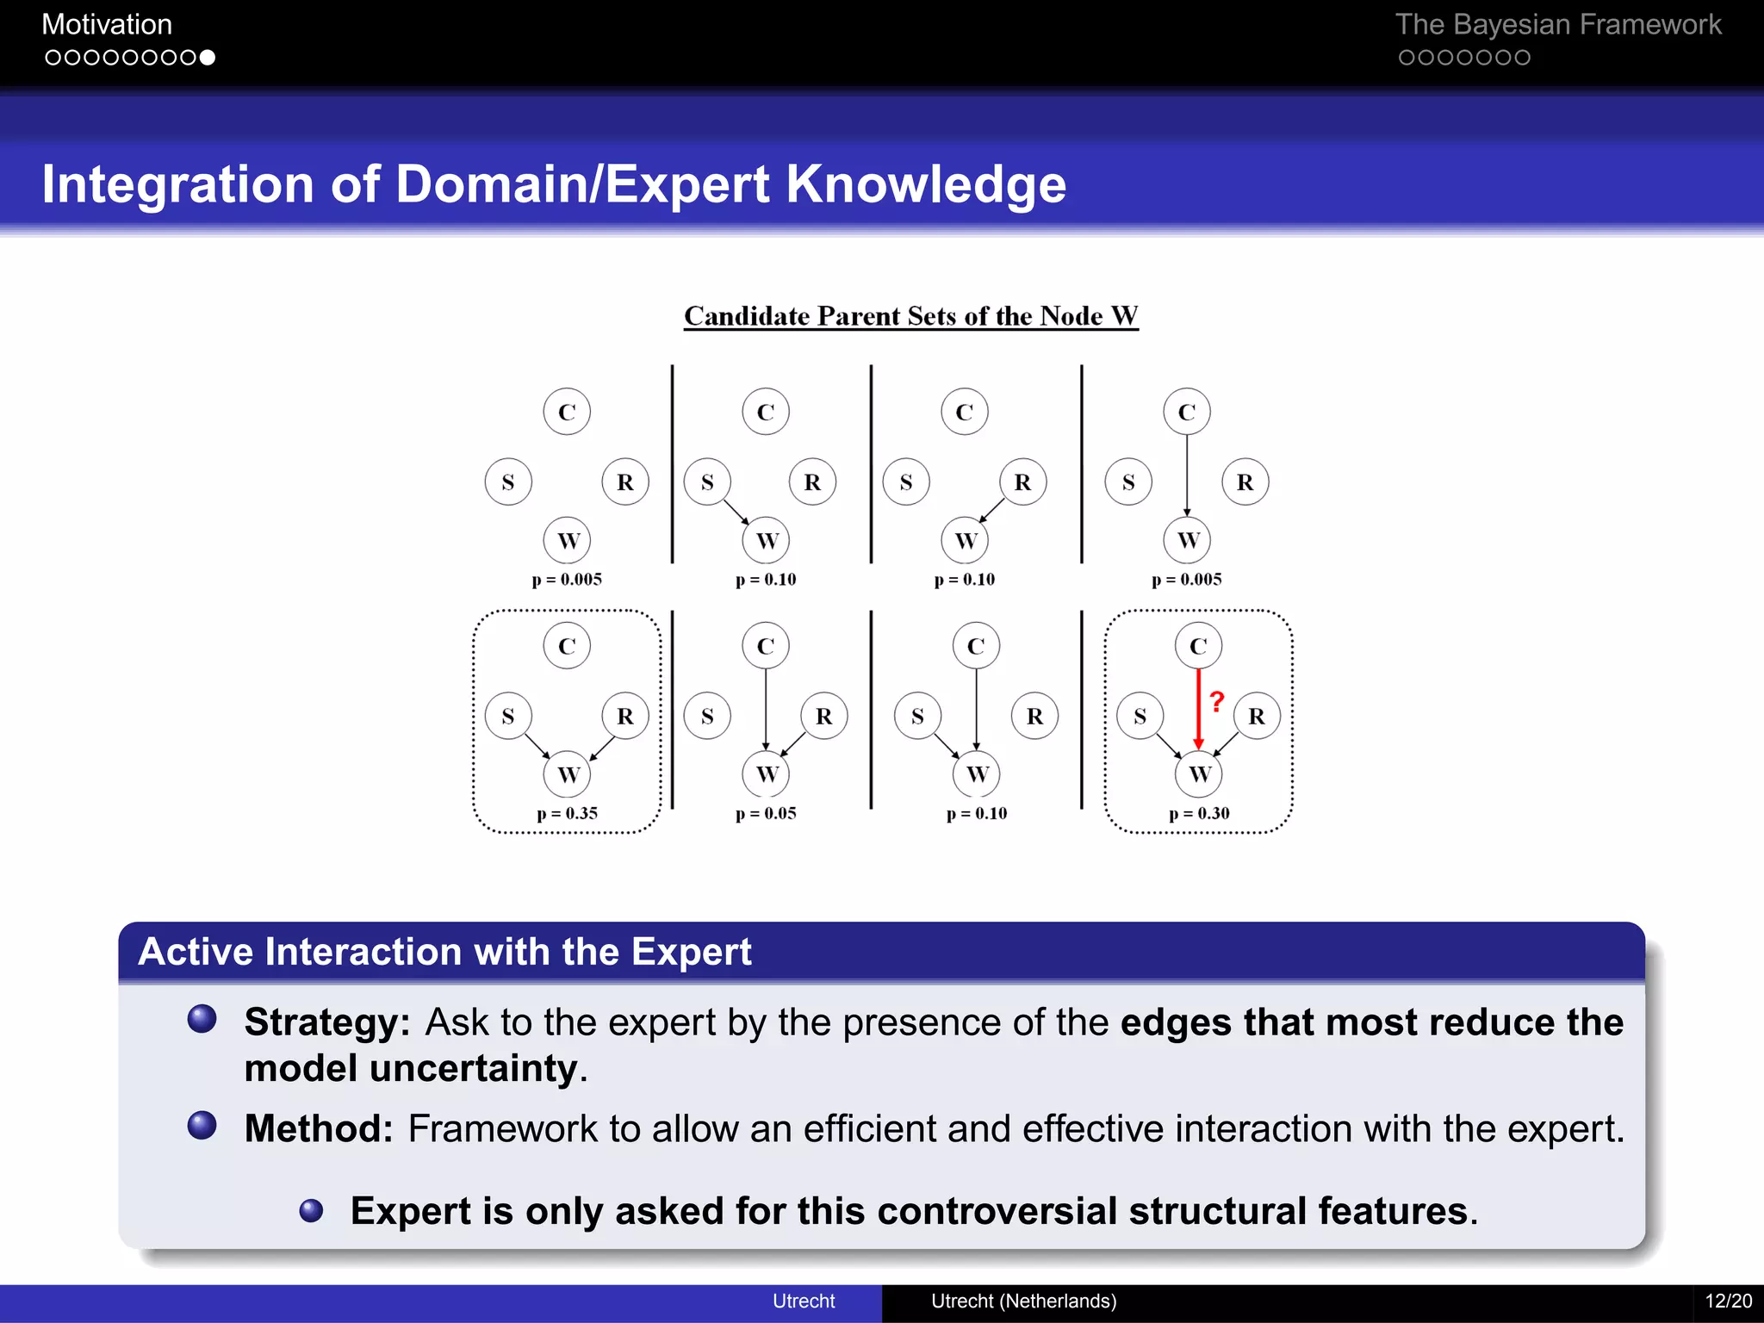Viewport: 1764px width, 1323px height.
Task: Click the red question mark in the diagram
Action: [x=1216, y=701]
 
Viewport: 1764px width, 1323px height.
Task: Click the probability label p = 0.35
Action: [x=567, y=813]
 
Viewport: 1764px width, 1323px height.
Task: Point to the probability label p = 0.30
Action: [x=1199, y=813]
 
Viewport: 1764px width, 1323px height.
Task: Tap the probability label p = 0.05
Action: [x=766, y=813]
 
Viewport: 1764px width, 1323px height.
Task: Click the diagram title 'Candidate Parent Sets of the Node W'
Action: [x=910, y=316]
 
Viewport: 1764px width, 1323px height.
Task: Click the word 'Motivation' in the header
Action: [x=107, y=24]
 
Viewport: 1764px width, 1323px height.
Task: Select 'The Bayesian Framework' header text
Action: [x=1557, y=24]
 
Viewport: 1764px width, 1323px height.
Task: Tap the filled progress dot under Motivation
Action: [x=207, y=58]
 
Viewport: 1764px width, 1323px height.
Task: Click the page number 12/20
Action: [x=1728, y=1301]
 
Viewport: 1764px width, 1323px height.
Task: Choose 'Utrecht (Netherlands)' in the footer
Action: [x=1023, y=1301]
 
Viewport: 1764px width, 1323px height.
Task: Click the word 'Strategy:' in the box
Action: [x=327, y=1022]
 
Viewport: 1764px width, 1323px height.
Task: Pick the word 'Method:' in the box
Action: [x=319, y=1128]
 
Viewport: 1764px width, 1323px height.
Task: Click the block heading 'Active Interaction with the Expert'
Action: [x=444, y=952]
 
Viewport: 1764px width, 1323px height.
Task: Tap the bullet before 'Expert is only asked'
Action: [x=311, y=1211]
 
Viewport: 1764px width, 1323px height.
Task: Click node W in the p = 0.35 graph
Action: [x=567, y=773]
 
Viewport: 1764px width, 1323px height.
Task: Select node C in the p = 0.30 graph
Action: [x=1198, y=645]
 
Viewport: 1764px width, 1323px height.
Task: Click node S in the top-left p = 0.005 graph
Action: [x=508, y=481]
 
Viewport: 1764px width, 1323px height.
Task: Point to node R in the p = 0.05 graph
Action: [x=823, y=716]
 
